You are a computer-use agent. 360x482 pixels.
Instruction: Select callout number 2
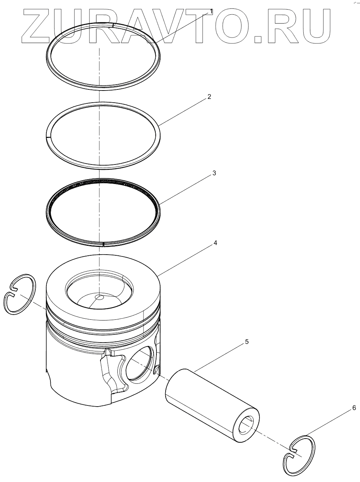(209, 97)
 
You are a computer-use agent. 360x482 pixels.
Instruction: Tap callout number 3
(214, 173)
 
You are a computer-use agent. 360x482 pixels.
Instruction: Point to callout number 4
(215, 243)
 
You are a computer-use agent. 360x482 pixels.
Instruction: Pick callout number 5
(247, 342)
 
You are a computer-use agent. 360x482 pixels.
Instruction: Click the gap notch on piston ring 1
(113, 25)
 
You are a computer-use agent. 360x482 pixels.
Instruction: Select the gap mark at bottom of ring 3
(104, 243)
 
